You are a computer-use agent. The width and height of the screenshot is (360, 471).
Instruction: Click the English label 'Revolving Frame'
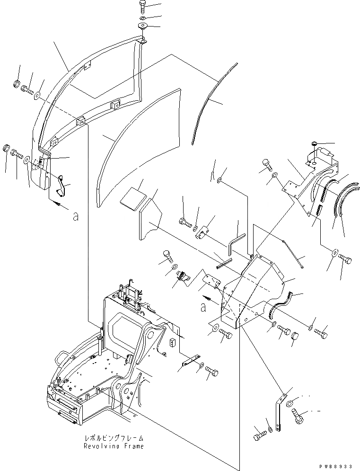click(x=114, y=446)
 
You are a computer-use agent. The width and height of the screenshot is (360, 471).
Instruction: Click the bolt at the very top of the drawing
click(x=143, y=7)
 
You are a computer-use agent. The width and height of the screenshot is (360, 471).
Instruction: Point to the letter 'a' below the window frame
click(x=75, y=217)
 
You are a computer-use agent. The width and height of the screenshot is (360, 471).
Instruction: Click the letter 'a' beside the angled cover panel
click(x=203, y=307)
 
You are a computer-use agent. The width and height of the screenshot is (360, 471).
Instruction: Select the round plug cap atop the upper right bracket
click(x=315, y=144)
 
